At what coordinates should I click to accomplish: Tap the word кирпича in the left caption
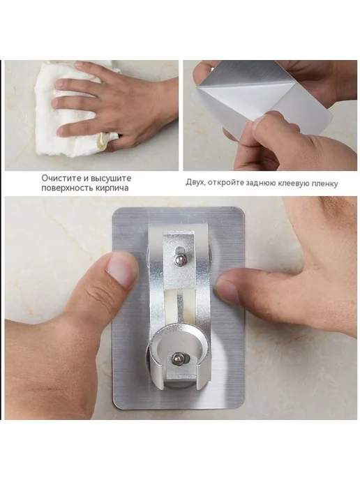[114, 188]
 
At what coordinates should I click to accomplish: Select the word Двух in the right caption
[195, 183]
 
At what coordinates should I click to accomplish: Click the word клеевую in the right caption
[292, 183]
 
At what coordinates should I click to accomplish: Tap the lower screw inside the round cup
[177, 359]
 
